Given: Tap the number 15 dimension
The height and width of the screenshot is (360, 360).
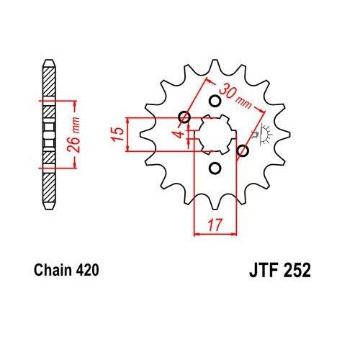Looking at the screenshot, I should point(115,134).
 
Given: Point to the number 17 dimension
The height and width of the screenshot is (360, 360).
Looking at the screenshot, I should point(214,223).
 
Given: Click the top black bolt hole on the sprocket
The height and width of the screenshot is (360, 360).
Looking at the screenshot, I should point(214,101).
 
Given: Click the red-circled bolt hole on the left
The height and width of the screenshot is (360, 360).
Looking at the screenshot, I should point(184,117).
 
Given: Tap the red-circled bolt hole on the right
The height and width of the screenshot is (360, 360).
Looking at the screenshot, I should point(243,150).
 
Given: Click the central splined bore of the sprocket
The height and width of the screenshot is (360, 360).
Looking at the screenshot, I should point(214,134).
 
